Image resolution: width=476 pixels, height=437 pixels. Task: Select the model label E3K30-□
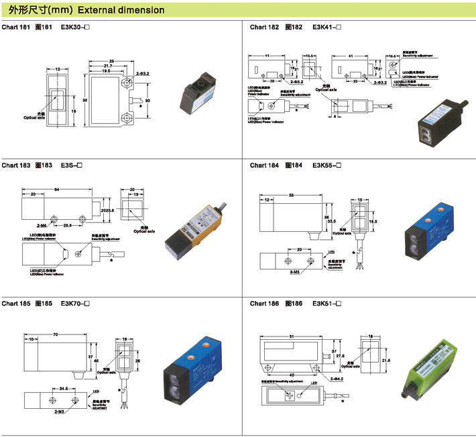pos(75,27)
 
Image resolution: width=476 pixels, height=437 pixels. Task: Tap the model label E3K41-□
pos(327,27)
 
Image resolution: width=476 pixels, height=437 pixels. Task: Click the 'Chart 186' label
pos(264,304)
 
